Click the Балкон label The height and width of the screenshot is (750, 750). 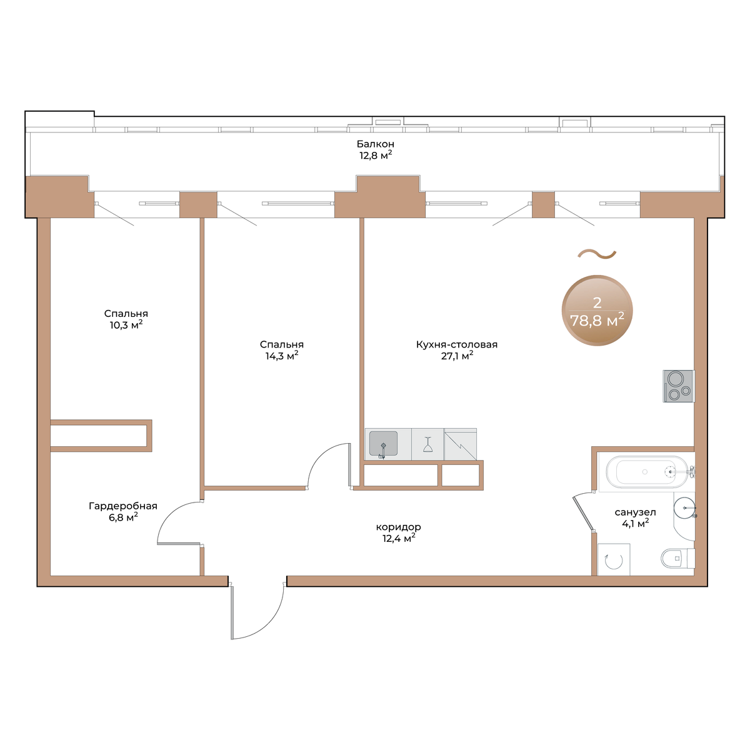tap(375, 144)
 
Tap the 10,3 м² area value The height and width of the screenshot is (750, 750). tap(126, 324)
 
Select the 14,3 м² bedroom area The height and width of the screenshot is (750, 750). tap(282, 356)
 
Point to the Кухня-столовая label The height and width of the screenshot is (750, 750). tap(457, 344)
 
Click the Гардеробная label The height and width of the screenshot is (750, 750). tap(123, 506)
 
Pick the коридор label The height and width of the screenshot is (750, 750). tap(399, 527)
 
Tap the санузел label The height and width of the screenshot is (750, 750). tap(635, 512)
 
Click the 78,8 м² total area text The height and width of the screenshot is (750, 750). tap(597, 321)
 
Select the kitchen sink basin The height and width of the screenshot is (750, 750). tap(383, 443)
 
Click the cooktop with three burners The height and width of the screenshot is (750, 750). tap(679, 386)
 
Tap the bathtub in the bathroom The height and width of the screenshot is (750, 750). tap(647, 472)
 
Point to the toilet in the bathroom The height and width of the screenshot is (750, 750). tap(677, 559)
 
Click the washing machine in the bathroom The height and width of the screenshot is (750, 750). tap(614, 559)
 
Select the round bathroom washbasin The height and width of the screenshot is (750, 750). tap(684, 507)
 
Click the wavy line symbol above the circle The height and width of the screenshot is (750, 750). tap(597, 254)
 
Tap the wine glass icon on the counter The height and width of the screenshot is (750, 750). tap(427, 444)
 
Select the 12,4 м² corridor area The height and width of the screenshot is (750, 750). tap(399, 539)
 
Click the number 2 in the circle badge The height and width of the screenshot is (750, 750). tap(597, 302)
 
